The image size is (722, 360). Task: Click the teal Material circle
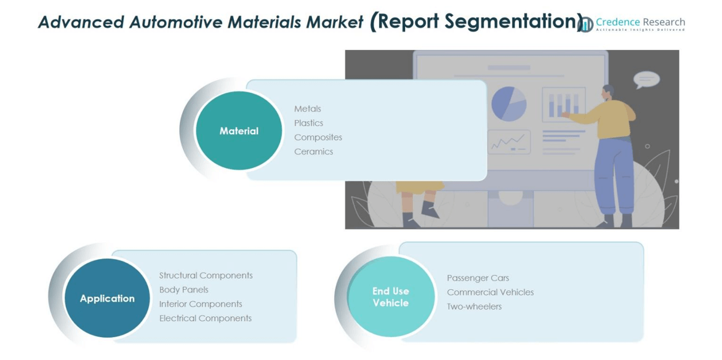click(x=239, y=130)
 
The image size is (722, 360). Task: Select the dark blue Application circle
click(x=107, y=298)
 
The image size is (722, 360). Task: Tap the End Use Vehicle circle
click(x=391, y=297)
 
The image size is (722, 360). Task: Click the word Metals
click(x=308, y=109)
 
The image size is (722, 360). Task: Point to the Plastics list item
click(x=308, y=123)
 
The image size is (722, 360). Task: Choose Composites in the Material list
click(x=318, y=137)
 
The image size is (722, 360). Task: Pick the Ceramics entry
click(x=313, y=151)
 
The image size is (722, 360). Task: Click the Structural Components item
click(x=206, y=275)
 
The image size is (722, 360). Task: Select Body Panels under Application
click(x=183, y=290)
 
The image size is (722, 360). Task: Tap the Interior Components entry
click(x=201, y=304)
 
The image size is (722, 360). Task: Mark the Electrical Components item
click(x=206, y=318)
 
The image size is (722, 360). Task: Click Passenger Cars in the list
click(x=478, y=278)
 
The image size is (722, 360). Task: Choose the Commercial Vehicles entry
click(x=491, y=292)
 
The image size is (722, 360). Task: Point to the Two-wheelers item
click(x=475, y=306)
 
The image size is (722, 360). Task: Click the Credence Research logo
click(x=632, y=24)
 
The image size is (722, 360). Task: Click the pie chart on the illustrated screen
click(x=509, y=104)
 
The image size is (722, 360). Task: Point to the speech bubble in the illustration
click(x=646, y=79)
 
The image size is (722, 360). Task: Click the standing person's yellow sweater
click(x=608, y=119)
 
